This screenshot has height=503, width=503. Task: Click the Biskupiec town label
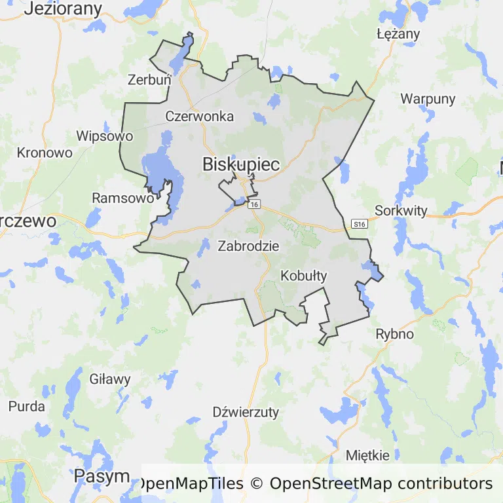[x=241, y=164]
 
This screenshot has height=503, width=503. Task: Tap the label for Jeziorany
[x=64, y=9]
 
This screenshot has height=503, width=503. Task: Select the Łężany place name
[x=393, y=34]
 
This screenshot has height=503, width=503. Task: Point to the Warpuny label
[x=428, y=99]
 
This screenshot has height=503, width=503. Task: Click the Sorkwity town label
[x=401, y=211]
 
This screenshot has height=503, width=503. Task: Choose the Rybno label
[x=394, y=334]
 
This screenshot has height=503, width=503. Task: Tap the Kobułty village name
[x=303, y=276]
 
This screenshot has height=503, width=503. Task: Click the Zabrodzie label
[x=248, y=247]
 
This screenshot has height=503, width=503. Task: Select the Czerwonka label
[x=200, y=117]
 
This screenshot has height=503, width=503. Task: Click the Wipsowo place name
[x=105, y=136]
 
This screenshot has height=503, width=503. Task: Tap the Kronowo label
[x=45, y=153]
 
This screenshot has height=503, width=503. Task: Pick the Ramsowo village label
[x=123, y=197]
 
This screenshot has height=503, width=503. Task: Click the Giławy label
[x=110, y=379]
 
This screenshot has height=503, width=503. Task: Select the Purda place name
[x=27, y=406]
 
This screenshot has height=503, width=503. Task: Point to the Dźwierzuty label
[x=246, y=412]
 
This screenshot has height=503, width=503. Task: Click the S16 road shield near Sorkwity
[x=359, y=224]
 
